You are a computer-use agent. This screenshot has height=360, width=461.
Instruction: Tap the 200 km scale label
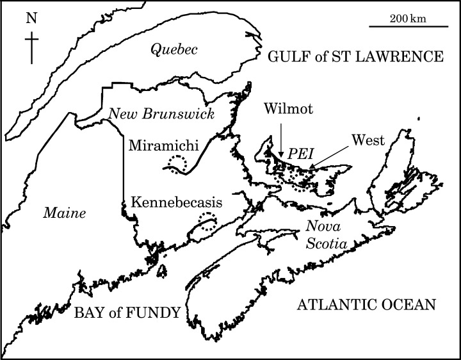tap(407, 18)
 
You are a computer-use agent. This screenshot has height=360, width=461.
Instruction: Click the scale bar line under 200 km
tap(407, 27)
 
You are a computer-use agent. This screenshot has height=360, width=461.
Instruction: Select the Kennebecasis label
tap(176, 202)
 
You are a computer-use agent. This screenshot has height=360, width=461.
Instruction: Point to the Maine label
tap(65, 212)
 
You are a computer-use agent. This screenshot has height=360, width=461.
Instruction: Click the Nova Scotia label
tap(325, 234)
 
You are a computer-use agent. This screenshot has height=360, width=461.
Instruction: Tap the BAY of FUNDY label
tap(125, 313)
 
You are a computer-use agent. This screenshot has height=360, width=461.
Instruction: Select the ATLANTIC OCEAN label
tap(367, 304)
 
